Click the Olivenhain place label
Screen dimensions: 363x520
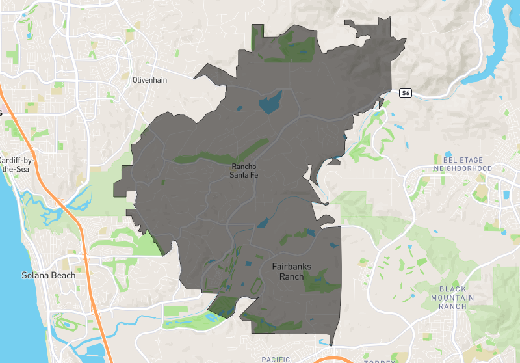[x=150, y=79]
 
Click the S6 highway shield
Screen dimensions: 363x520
[x=405, y=94]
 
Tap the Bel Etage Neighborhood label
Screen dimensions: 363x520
[x=467, y=163]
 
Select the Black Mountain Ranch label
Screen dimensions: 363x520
[x=456, y=297]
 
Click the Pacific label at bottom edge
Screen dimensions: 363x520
[x=276, y=359]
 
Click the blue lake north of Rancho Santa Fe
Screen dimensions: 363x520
[x=271, y=103]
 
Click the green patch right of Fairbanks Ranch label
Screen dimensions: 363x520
[x=321, y=282]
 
